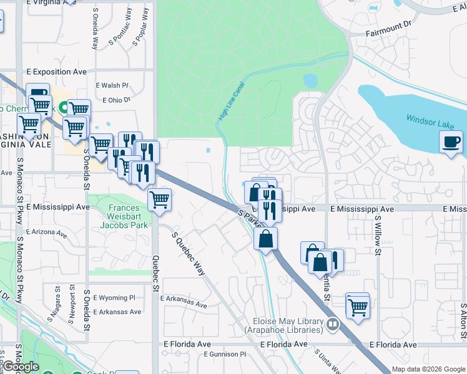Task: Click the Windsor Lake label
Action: (430, 121)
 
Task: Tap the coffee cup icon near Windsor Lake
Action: (451, 143)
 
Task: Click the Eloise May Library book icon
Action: (333, 324)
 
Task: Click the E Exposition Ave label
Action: (57, 72)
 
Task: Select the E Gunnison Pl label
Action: (225, 354)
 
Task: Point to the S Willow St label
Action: (378, 236)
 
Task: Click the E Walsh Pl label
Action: (112, 86)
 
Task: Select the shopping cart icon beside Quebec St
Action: (159, 200)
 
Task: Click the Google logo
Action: (21, 367)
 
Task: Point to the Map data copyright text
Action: (429, 369)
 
